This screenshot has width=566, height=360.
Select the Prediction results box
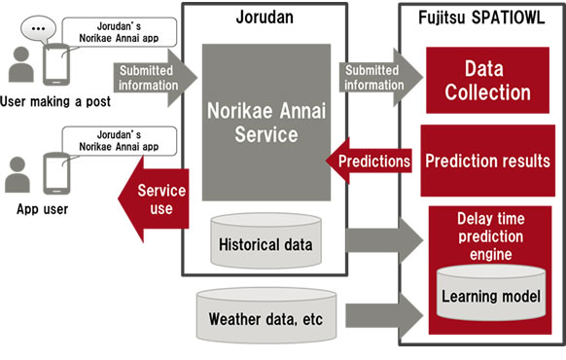[486, 161]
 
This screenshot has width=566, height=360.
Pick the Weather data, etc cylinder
[265, 315]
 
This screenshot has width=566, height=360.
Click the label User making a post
[55, 101]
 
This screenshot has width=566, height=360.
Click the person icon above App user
[18, 174]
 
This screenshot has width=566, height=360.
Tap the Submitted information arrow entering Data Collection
[379, 76]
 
